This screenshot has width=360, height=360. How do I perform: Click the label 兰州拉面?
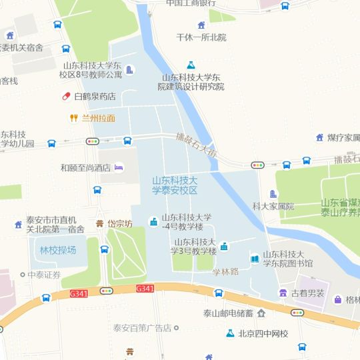(98, 119)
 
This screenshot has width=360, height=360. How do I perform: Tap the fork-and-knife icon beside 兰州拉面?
(74, 119)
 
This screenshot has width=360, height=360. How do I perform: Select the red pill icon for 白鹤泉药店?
(66, 97)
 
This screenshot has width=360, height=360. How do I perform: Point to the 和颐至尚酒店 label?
(85, 168)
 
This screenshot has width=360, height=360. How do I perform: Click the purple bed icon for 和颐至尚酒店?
(119, 167)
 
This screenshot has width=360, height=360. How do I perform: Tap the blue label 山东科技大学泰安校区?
(175, 185)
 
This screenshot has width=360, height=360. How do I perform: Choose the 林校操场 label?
(58, 250)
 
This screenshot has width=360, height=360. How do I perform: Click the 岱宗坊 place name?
(120, 223)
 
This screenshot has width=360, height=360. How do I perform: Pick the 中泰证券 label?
(44, 275)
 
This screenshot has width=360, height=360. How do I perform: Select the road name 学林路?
(225, 272)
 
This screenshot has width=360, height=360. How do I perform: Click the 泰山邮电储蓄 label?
(228, 313)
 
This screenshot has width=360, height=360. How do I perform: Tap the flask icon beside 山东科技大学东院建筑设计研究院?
(191, 65)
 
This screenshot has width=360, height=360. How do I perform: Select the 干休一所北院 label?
(201, 37)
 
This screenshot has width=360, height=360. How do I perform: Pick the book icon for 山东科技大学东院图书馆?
(254, 259)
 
